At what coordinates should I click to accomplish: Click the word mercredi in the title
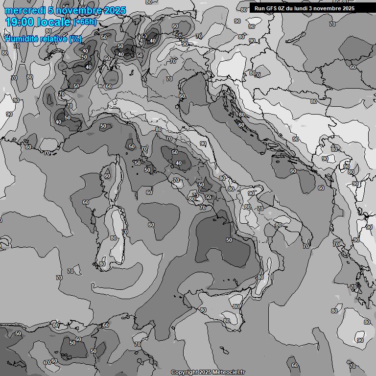(x=22, y=10)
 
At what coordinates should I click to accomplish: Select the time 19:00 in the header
(x=19, y=22)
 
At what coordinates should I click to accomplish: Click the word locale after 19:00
(x=53, y=22)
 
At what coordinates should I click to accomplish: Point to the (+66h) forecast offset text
(x=84, y=22)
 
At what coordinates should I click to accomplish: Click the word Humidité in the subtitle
(x=20, y=39)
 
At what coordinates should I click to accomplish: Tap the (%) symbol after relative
(x=76, y=39)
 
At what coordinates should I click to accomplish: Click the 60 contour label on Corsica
(x=107, y=176)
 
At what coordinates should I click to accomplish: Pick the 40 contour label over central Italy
(x=179, y=164)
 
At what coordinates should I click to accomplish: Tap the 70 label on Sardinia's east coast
(x=125, y=232)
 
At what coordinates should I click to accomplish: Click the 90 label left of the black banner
(x=237, y=21)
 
